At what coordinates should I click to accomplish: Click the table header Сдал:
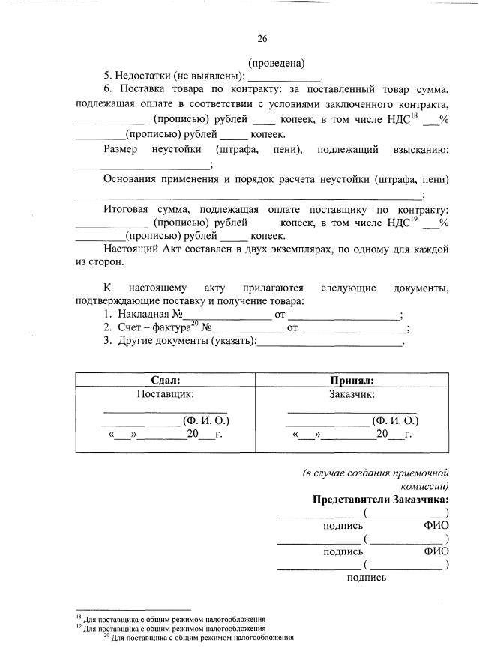point(166,381)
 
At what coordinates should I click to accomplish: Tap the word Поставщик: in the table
point(166,393)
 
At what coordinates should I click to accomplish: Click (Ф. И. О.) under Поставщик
point(206,420)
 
